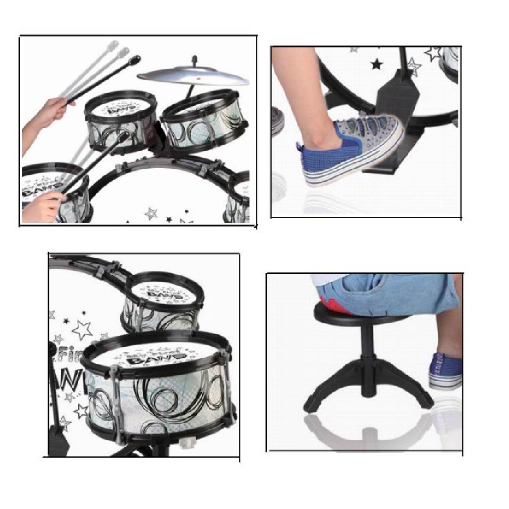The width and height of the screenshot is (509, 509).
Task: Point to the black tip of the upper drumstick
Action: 135,60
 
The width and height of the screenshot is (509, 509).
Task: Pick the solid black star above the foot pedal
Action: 376,64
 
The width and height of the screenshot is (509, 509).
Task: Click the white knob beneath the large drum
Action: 189,443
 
